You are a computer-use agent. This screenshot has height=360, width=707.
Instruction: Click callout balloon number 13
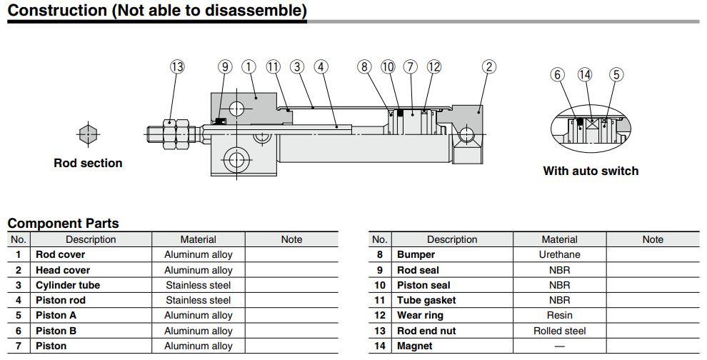coord(177,66)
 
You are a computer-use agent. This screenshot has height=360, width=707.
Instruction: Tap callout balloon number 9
coord(225,66)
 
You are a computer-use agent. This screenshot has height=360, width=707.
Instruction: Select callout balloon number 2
coord(488,66)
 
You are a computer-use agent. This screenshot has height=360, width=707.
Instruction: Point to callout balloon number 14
coord(585,74)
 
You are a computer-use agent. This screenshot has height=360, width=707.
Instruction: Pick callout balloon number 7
coord(410,66)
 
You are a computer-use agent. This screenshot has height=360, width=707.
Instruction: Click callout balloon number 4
coord(321,66)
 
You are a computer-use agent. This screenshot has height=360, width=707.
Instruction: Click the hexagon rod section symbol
coord(87,134)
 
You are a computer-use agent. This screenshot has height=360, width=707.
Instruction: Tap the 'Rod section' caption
coord(88,163)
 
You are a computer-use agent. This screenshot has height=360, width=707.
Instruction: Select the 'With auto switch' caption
coord(591,171)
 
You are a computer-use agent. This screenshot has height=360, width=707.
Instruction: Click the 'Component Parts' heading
coord(63,224)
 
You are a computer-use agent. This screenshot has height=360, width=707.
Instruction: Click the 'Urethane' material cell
coord(559,254)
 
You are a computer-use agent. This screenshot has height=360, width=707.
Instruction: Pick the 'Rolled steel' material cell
coord(559,331)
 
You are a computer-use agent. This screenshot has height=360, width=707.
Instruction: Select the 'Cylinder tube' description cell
coord(68,285)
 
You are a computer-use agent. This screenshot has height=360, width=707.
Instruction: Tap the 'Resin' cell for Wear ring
coord(559,315)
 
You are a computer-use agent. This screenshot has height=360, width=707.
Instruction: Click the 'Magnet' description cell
coord(415,346)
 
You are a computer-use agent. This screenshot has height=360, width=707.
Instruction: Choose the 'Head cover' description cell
coord(63,270)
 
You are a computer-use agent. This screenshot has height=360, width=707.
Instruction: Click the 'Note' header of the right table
coord(653,239)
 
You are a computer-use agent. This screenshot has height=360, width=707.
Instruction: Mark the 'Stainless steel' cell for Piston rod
coord(198,300)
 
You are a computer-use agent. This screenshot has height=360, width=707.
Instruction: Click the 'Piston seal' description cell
coord(423,285)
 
